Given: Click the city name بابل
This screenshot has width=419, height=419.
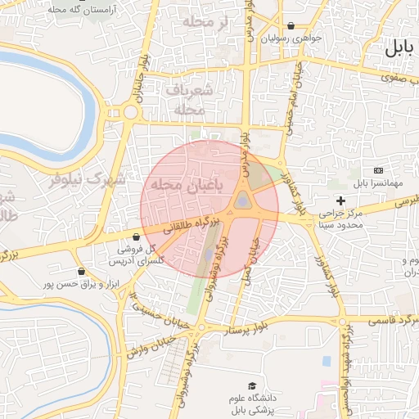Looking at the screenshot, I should (x=400, y=47).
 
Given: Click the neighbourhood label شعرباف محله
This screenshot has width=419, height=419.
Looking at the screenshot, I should (x=189, y=98).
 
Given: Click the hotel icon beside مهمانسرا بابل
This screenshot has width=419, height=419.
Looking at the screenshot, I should (x=377, y=170).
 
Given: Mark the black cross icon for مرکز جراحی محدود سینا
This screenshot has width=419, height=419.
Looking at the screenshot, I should (x=341, y=201).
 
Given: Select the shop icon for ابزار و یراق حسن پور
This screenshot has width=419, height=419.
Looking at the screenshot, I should (x=80, y=272).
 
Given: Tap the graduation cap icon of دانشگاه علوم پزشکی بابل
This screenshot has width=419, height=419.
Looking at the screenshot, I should (x=253, y=385).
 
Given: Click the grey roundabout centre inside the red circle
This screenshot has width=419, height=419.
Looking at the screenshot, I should (x=243, y=200).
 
